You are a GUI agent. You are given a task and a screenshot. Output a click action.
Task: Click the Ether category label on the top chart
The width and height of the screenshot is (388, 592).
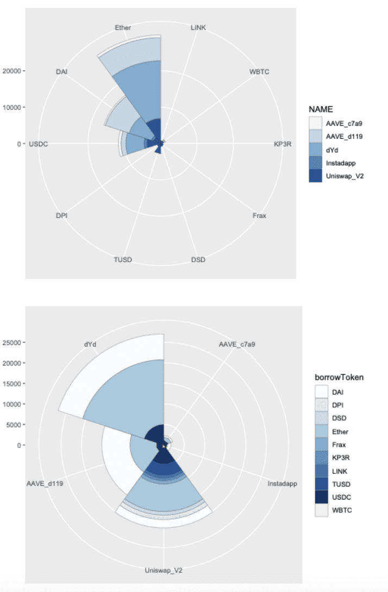(x=123, y=27)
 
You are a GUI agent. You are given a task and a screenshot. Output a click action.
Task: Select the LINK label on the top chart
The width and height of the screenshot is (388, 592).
(x=198, y=27)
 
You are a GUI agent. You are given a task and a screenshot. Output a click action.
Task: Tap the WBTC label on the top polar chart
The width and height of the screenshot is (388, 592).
(x=259, y=71)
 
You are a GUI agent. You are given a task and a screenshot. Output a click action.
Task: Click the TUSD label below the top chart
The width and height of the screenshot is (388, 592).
(x=123, y=260)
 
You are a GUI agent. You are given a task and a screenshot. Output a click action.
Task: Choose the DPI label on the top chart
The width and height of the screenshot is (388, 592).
(x=62, y=216)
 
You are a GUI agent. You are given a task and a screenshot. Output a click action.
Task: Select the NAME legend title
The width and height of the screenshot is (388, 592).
(x=321, y=109)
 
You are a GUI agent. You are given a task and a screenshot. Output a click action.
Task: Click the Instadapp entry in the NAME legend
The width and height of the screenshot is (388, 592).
(x=340, y=163)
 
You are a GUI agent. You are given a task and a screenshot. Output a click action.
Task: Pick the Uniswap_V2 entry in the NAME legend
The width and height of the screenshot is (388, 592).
(x=343, y=176)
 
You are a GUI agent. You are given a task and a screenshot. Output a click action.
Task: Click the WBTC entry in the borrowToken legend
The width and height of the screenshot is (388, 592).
(x=340, y=510)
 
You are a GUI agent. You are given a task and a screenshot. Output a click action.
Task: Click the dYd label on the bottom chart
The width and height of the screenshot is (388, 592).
(x=91, y=344)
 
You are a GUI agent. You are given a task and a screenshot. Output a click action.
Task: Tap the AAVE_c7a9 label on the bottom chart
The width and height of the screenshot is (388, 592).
(x=237, y=344)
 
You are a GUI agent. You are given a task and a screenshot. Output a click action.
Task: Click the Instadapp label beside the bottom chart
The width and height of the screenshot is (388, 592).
(x=282, y=483)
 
